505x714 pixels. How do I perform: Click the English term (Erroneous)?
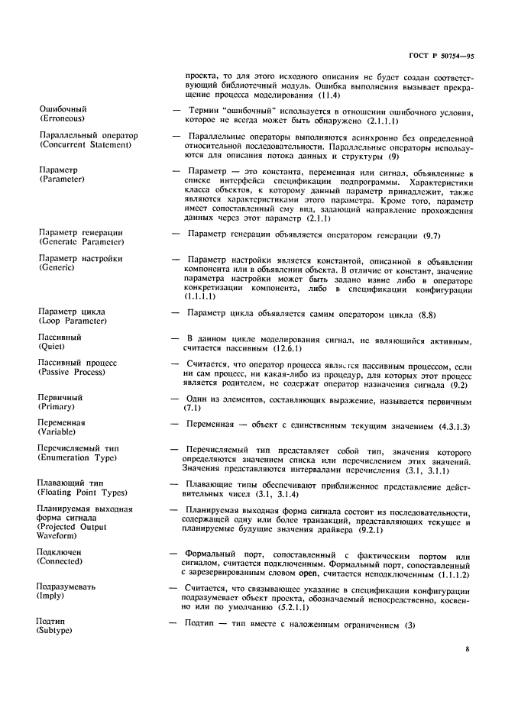[62, 119]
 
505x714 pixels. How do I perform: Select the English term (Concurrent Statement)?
[88, 145]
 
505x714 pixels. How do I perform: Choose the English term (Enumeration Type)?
[77, 458]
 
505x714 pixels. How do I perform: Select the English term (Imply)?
[53, 597]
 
